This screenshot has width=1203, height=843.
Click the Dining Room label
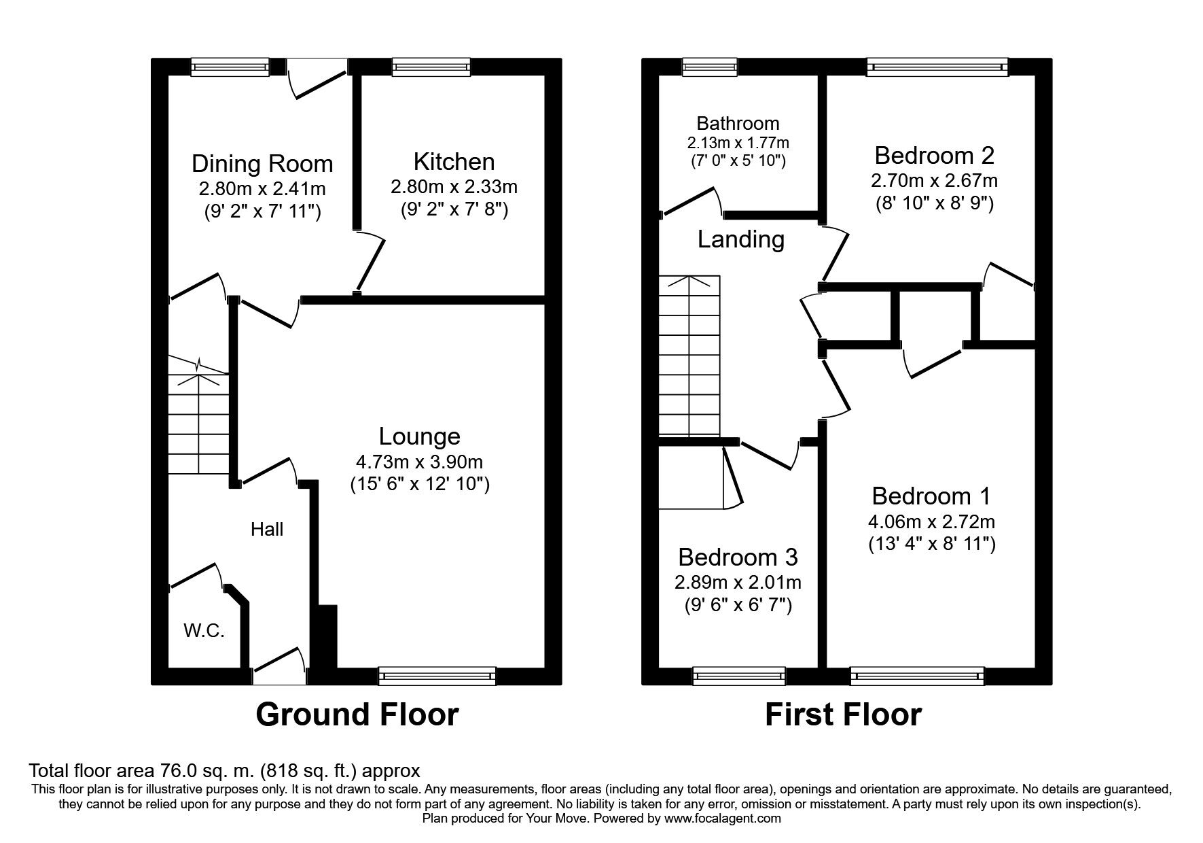[x=262, y=164]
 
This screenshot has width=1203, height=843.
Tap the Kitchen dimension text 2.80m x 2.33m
[x=454, y=186]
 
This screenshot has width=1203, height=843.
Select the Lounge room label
[x=419, y=436]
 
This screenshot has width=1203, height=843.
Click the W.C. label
[x=204, y=630]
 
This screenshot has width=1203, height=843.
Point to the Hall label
[x=267, y=530]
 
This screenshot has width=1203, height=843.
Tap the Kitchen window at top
[x=431, y=67]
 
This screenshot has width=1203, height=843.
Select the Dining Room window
[x=230, y=67]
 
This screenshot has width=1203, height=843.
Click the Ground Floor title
[x=357, y=715]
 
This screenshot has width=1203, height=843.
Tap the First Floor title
[x=843, y=715]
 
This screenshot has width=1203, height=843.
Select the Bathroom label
[x=738, y=124]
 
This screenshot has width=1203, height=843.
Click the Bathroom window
[x=709, y=67]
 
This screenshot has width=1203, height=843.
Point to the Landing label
[x=740, y=239]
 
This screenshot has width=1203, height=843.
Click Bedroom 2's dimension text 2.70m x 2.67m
[x=934, y=181]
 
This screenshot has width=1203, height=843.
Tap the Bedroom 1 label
[x=931, y=496]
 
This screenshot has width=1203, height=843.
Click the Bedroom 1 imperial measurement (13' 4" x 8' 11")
[x=932, y=544]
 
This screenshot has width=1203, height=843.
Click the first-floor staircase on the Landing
[x=689, y=357]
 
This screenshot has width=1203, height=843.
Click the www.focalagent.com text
[x=722, y=819]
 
